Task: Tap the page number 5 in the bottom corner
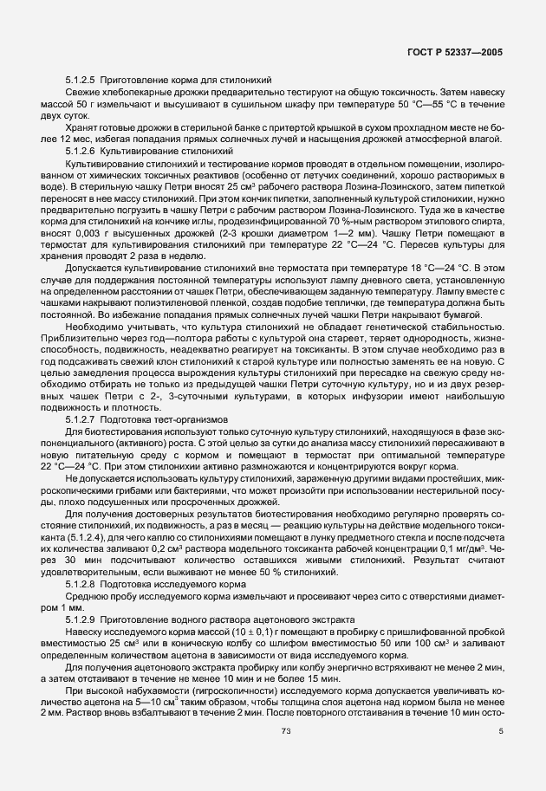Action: (500, 755)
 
